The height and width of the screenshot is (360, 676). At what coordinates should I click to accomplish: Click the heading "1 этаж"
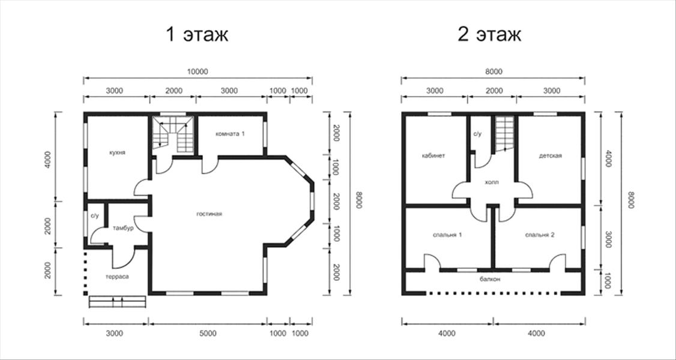click(x=196, y=35)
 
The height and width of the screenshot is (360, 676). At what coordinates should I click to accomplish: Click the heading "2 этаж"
click(x=489, y=35)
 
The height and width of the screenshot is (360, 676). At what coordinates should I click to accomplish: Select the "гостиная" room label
click(x=209, y=214)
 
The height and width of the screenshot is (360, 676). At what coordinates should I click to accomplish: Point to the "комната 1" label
click(x=230, y=133)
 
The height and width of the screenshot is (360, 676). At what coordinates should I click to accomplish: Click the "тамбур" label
click(x=123, y=228)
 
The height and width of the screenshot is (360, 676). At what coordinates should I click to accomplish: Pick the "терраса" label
click(x=117, y=277)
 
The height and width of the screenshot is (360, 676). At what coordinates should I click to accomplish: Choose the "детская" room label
click(x=550, y=155)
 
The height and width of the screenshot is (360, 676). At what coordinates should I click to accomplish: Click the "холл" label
click(x=492, y=182)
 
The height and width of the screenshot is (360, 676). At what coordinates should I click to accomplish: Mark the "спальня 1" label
click(x=447, y=235)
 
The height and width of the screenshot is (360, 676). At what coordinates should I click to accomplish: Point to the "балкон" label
click(x=490, y=279)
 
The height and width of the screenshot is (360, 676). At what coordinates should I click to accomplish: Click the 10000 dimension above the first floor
click(x=198, y=72)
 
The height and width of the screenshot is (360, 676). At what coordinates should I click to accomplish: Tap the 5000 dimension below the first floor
click(x=208, y=333)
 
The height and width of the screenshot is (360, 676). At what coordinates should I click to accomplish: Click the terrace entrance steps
click(x=117, y=301)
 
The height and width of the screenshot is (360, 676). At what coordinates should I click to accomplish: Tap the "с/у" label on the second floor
click(x=478, y=133)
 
